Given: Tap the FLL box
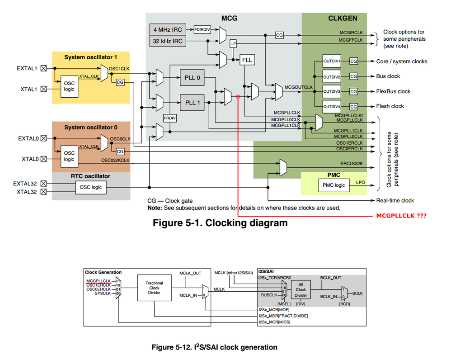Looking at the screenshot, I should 247,60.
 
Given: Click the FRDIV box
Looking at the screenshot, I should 169,118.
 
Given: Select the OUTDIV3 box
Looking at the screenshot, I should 332,91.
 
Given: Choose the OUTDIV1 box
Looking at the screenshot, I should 332,61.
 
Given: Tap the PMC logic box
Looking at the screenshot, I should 334,185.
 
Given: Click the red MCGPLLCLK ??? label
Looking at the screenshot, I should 401,216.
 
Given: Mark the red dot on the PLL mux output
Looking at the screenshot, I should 238,96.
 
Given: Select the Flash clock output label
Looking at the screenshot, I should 390,106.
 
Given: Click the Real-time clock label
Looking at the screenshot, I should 395,200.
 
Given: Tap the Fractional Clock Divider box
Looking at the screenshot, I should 154,288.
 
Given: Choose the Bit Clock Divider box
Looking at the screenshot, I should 301,289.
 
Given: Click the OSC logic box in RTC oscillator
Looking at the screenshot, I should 91,187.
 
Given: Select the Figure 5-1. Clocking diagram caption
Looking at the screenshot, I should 220,223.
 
